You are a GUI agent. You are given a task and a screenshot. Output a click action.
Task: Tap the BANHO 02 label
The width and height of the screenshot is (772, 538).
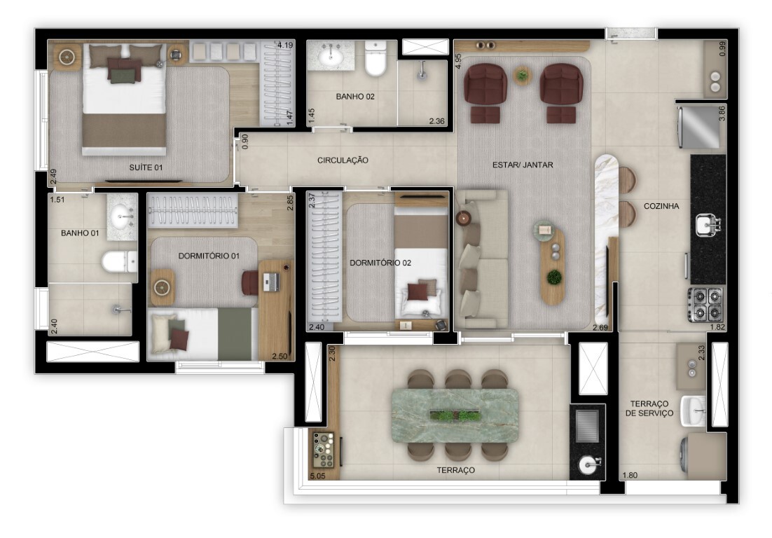(355, 97)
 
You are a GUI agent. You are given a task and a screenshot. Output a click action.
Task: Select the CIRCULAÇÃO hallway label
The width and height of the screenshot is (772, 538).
(343, 160)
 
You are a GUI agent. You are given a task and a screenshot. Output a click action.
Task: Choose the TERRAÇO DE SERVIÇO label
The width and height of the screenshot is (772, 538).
(652, 408)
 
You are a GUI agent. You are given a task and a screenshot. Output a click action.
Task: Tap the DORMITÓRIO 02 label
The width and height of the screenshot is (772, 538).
(380, 263)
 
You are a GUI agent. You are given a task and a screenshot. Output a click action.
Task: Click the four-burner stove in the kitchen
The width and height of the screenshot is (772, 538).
(705, 304)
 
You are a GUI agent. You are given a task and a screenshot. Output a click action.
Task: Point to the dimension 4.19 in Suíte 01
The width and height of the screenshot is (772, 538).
(284, 46)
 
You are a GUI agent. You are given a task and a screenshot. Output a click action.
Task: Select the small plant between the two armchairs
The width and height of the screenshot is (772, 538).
(522, 75)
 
